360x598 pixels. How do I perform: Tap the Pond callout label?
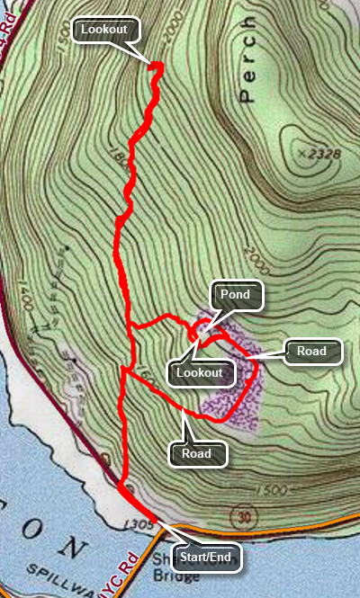[x=236, y=293]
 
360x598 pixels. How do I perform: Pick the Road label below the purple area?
[x=197, y=454]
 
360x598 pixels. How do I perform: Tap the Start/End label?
[x=207, y=558]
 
